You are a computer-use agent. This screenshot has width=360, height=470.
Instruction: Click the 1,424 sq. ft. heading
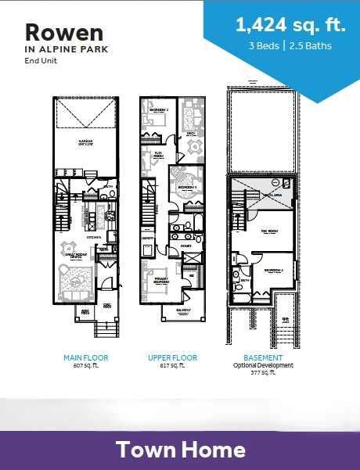tap(290, 25)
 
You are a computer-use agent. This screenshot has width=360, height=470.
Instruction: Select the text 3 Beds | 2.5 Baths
tap(291, 45)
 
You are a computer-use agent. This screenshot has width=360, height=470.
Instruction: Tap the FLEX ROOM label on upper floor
tap(157, 153)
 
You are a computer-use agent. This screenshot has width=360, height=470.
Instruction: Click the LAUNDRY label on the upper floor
tap(146, 235)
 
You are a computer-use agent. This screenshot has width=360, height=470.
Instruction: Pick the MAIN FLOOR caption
tap(85, 357)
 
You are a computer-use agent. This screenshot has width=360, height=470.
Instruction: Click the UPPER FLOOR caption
tap(173, 357)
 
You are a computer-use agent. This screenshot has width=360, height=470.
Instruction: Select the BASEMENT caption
tap(263, 357)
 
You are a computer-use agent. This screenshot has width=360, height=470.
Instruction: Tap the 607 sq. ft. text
tap(85, 365)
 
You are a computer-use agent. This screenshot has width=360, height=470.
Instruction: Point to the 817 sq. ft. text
tap(173, 365)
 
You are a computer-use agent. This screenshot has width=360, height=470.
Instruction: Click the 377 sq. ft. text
tap(263, 374)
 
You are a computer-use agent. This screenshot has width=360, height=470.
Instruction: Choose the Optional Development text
tap(263, 365)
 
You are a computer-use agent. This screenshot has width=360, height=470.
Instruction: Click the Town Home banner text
tap(181, 450)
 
